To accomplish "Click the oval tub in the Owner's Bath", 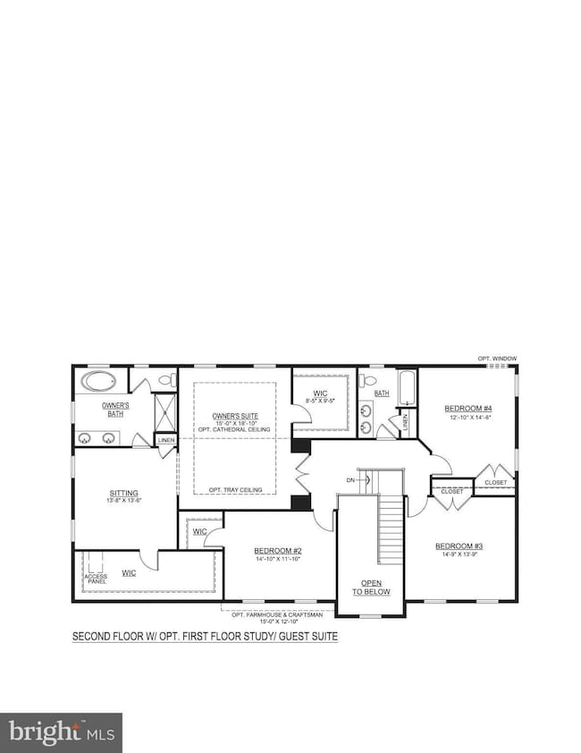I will [98, 382].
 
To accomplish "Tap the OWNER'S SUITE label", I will [233, 416].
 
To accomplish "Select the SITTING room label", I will [123, 492].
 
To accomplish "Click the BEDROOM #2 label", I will [277, 551].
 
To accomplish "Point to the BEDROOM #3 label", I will [459, 546].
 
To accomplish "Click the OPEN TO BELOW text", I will [368, 587].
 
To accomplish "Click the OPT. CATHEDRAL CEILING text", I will [234, 431].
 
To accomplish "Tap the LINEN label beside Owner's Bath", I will [166, 440].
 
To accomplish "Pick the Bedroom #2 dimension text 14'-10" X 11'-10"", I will [278, 559].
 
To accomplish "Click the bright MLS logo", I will [61, 732].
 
